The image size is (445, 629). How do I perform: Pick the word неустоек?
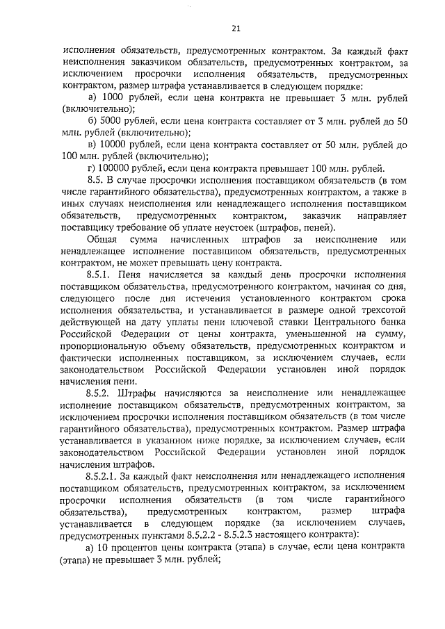tap(232, 227)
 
